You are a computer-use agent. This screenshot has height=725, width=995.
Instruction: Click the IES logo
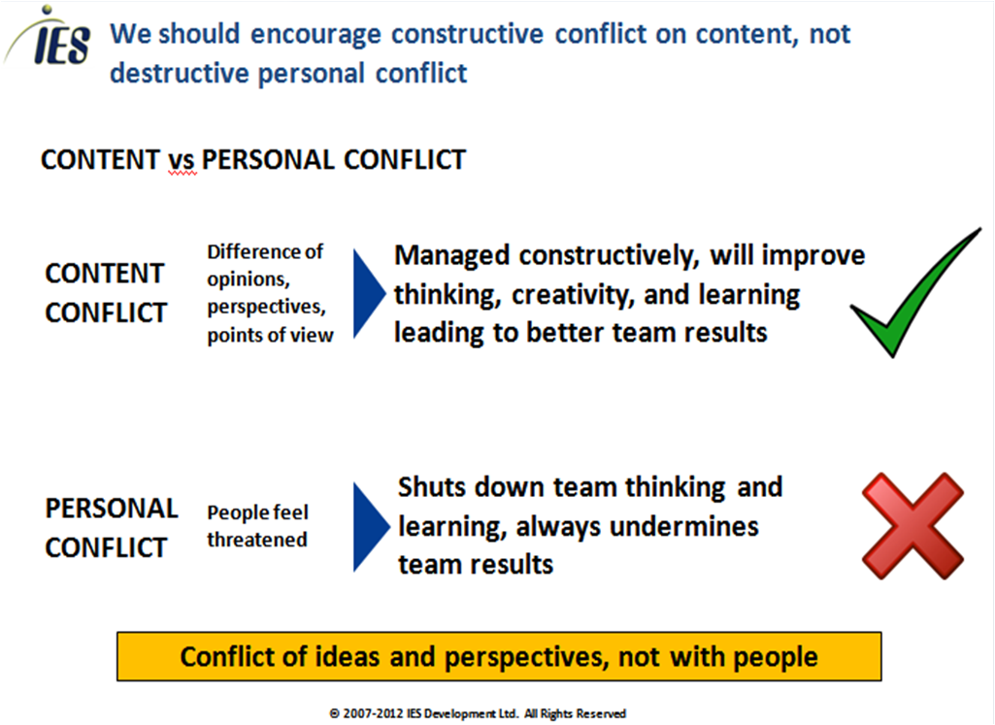(49, 37)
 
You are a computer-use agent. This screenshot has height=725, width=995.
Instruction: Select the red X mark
(912, 526)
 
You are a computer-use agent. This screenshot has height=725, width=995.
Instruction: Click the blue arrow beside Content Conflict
(369, 293)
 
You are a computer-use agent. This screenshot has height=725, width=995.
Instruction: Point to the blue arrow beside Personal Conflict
(371, 526)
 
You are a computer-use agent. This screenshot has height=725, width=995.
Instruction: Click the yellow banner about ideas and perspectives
(499, 656)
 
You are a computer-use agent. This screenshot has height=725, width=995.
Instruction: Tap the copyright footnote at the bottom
(478, 713)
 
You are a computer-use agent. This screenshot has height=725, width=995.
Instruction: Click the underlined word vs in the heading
(182, 161)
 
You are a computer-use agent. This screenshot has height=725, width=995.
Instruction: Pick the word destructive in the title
(180, 73)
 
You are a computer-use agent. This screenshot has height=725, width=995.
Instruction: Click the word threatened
(257, 540)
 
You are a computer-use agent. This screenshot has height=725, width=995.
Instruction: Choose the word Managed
(452, 255)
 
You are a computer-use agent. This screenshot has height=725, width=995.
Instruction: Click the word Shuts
(433, 487)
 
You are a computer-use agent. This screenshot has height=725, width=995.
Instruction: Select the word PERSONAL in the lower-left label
(112, 509)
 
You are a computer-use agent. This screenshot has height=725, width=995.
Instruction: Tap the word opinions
(249, 280)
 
